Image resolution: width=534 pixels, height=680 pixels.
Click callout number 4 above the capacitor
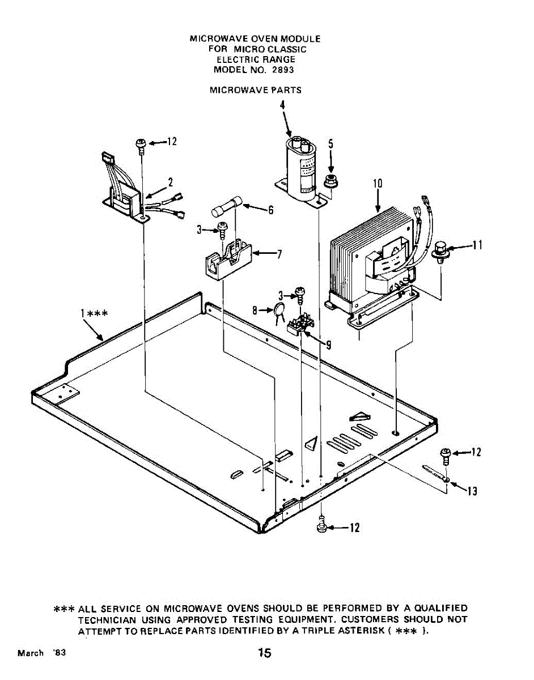[x=282, y=106]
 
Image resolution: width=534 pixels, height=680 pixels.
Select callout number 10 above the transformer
[x=378, y=183]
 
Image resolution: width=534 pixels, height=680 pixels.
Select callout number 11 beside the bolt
[x=477, y=245]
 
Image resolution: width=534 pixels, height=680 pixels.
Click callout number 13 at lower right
[x=472, y=491]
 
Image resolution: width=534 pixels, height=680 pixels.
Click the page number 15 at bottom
[x=264, y=653]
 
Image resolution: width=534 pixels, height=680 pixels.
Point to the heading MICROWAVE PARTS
[x=255, y=90]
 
